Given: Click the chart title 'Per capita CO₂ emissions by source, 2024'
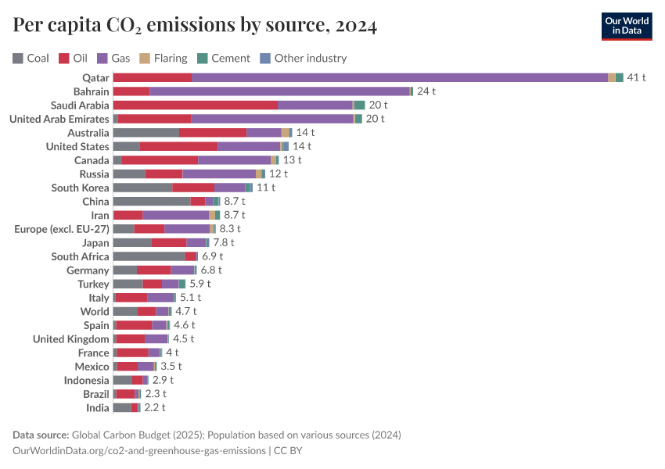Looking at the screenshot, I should tap(195, 26).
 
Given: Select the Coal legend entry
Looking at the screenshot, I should tap(31, 58).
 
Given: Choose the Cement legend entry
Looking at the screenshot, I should tap(224, 58).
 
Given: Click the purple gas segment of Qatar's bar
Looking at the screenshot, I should tap(399, 77).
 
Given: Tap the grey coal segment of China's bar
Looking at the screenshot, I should tap(151, 202).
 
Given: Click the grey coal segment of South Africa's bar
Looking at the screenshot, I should tap(149, 256).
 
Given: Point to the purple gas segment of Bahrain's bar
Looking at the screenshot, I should tap(279, 91).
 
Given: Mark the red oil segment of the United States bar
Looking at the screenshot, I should tap(178, 146).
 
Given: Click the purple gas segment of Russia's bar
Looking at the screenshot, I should tap(219, 174).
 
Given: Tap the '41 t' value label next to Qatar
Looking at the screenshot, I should tap(636, 77).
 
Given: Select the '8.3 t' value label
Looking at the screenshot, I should tap(230, 229).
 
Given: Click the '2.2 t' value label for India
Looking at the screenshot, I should tap(155, 408).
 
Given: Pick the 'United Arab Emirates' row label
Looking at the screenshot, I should tap(59, 119).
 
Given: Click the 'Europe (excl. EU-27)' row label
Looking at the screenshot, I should tap(62, 229).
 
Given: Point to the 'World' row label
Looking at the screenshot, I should tap(95, 311).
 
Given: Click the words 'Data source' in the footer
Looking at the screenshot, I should tap(41, 435).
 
